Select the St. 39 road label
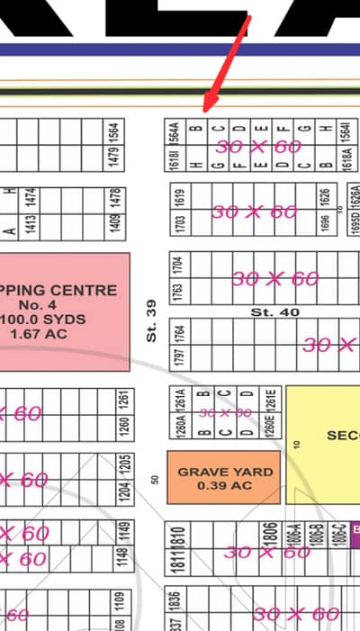click(x=151, y=320)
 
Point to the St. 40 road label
click(x=274, y=311)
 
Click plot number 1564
click(x=113, y=131)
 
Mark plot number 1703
click(x=180, y=223)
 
